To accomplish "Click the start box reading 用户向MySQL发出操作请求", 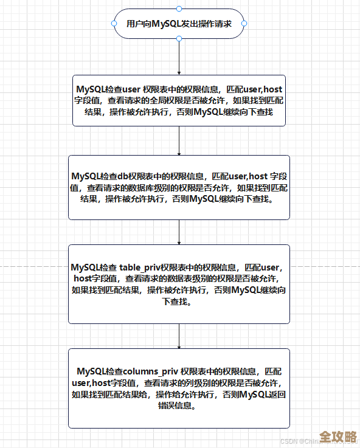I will (179, 24).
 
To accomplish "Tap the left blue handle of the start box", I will (114, 24).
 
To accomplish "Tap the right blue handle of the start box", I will (244, 24).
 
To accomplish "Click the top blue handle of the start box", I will (179, 9).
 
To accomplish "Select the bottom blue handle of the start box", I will (179, 38).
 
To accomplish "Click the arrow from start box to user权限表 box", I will (179, 58).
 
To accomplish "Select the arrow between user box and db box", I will (179, 141).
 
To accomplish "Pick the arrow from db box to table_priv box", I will (179, 232).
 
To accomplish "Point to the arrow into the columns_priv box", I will (179, 336).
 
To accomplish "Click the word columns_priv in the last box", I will (151, 371).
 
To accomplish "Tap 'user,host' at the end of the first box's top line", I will (262, 89).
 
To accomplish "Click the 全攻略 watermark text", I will (338, 436).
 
